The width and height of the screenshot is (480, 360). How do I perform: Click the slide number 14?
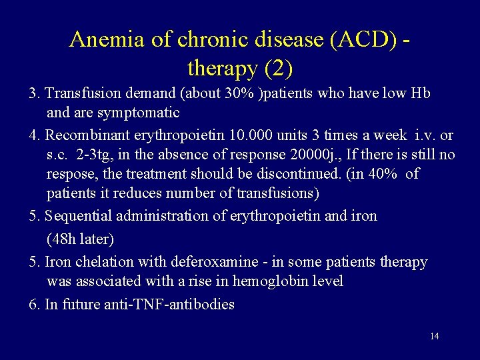tap(434, 336)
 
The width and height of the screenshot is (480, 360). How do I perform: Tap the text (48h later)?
tap(81, 238)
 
